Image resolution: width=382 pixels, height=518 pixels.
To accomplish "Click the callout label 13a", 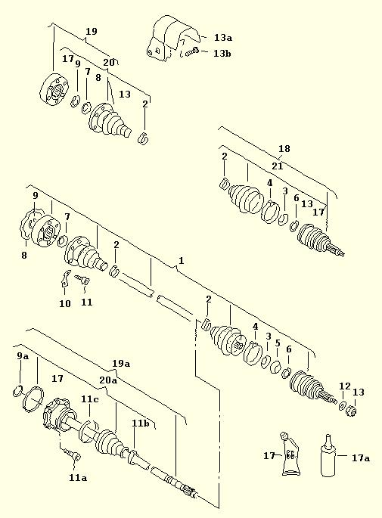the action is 223,38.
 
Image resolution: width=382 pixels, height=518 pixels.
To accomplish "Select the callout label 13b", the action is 222,53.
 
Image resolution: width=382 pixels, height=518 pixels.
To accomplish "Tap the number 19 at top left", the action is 92,32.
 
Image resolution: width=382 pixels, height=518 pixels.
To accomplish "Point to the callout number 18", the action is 284,149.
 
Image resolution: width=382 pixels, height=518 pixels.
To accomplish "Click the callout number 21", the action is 278,166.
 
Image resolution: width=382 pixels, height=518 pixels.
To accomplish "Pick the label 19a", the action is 121,364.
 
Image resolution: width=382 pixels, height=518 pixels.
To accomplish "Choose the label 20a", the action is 108,380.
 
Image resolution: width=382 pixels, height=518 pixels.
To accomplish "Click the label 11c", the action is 90,399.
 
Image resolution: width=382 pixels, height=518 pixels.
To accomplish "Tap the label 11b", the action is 141,423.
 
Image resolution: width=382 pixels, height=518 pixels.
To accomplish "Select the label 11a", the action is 78,477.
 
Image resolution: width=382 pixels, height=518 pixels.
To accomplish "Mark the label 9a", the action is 23,356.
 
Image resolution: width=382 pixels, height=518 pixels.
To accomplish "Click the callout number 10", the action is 65,303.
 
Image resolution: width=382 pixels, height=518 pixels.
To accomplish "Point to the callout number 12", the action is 345,386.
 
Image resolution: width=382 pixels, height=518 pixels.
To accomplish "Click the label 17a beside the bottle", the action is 361,458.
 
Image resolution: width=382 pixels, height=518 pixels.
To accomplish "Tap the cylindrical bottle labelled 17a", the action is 328,458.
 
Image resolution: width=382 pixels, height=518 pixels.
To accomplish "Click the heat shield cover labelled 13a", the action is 172,38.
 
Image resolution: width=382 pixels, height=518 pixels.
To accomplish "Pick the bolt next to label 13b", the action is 191,52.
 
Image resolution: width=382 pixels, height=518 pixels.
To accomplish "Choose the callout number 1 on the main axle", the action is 181,261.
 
